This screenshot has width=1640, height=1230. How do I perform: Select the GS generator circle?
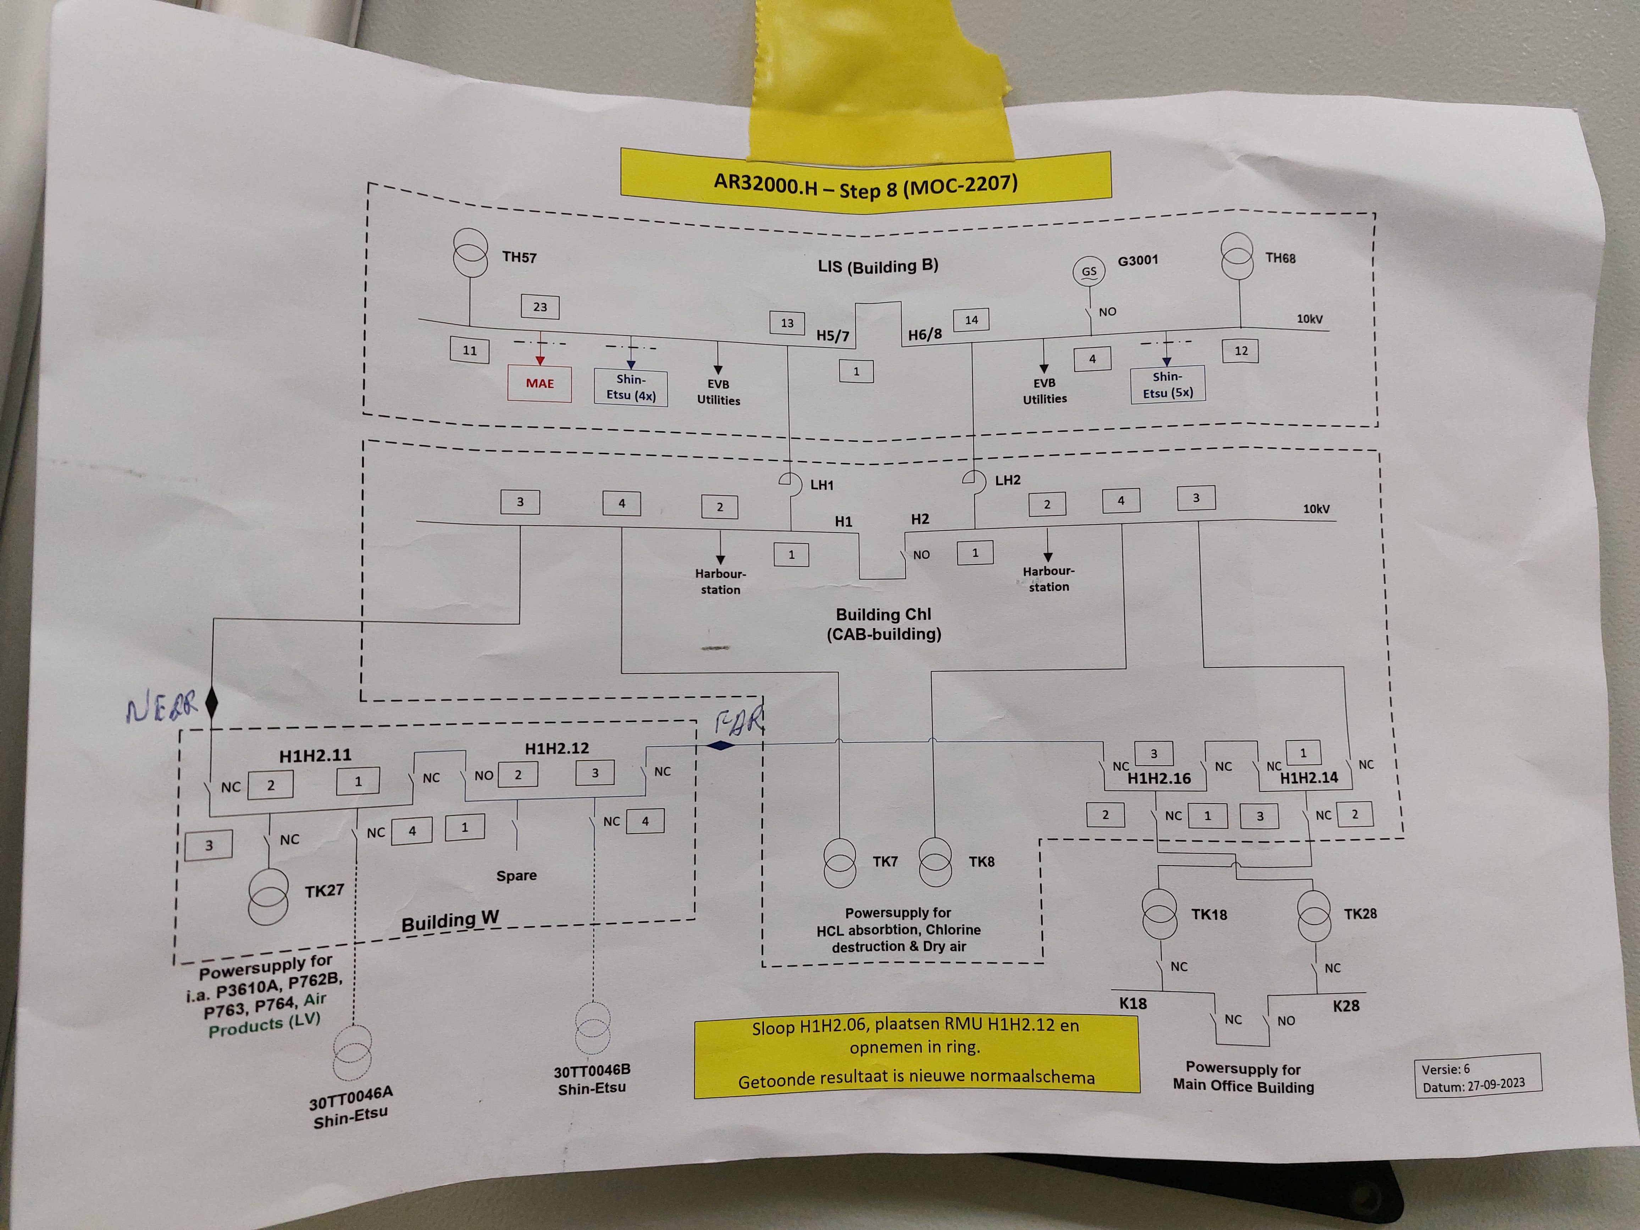click(x=1088, y=271)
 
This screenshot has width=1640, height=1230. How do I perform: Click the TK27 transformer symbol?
click(x=268, y=896)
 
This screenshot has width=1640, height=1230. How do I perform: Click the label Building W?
click(x=450, y=921)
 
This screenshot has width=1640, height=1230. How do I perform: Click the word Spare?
click(x=516, y=876)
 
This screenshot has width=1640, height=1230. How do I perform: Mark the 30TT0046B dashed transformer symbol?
click(x=592, y=1027)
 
